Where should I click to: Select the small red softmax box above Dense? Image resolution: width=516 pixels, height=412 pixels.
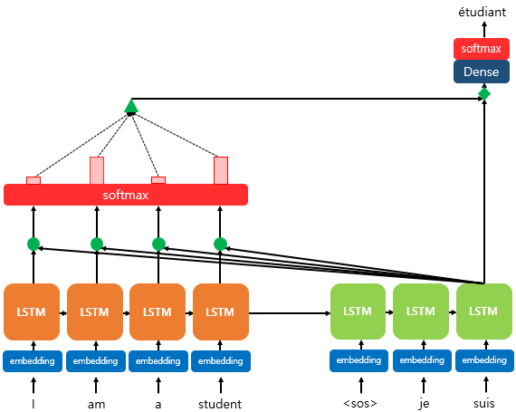click(x=483, y=49)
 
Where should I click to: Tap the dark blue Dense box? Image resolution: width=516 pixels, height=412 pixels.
click(x=483, y=72)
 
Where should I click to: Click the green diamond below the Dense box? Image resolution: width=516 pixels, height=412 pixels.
click(x=484, y=94)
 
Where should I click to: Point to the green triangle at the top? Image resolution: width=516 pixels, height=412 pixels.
click(x=131, y=107)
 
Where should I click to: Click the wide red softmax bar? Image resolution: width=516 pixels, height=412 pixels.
click(x=126, y=195)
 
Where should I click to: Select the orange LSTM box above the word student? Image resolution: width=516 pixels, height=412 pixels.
click(x=220, y=311)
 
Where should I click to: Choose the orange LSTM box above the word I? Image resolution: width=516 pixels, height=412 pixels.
click(x=32, y=311)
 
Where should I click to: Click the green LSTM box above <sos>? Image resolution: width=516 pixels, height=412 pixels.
click(x=358, y=311)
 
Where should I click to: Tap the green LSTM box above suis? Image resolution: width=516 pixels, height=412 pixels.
click(x=484, y=311)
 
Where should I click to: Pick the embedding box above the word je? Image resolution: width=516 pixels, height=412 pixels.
click(x=421, y=360)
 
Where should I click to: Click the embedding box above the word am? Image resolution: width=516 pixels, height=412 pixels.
click(x=95, y=360)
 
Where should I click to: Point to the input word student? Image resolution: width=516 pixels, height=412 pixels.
click(x=220, y=404)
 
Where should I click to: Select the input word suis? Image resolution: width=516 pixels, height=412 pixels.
click(x=484, y=404)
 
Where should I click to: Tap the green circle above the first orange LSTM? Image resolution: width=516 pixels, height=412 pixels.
click(x=33, y=244)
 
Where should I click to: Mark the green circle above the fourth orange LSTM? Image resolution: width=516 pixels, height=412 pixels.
click(x=220, y=244)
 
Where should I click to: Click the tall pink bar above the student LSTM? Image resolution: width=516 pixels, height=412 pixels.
click(x=220, y=170)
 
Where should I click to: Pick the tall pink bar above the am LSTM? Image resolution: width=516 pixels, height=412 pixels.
click(x=96, y=170)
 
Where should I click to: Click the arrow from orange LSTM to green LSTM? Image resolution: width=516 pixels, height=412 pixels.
click(x=289, y=313)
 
